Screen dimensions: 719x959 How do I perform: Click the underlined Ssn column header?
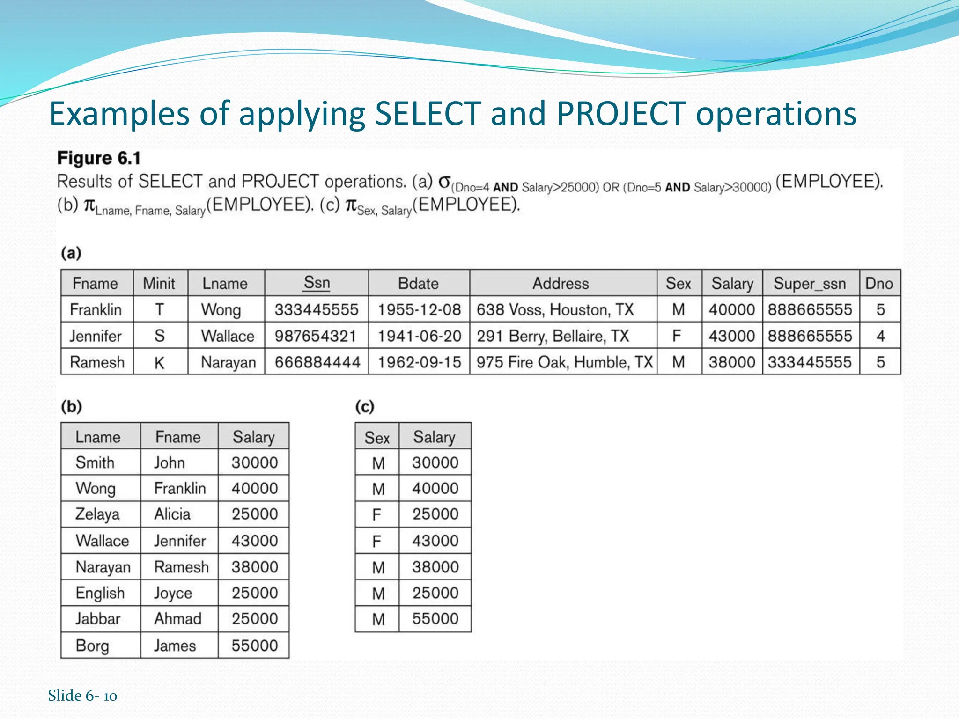tap(317, 283)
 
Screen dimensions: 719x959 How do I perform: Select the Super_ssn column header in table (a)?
tap(810, 284)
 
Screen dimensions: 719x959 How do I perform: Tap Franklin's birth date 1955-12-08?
tap(419, 309)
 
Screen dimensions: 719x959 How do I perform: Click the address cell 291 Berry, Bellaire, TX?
tap(553, 336)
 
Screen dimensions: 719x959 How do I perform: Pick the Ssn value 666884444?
tap(317, 362)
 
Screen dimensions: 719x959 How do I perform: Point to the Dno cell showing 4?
tap(880, 336)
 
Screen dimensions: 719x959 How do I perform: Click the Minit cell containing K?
tap(159, 363)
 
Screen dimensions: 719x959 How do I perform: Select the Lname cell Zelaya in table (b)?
tap(97, 514)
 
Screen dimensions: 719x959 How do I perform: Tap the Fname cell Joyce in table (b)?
tap(173, 593)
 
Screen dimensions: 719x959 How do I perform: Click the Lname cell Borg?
tap(92, 646)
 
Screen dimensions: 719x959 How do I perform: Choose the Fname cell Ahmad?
tap(178, 619)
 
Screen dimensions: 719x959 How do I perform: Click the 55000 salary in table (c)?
tap(435, 619)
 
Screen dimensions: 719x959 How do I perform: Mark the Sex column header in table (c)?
tap(377, 438)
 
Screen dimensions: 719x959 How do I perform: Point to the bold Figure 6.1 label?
tap(99, 159)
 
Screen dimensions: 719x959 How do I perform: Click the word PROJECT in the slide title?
tap(621, 114)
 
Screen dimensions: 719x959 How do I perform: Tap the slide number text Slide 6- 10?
tap(82, 696)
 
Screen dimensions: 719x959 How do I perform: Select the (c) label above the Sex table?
tap(364, 406)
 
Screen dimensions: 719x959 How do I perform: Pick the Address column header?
tap(561, 284)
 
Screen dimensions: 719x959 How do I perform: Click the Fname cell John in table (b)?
tap(170, 463)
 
